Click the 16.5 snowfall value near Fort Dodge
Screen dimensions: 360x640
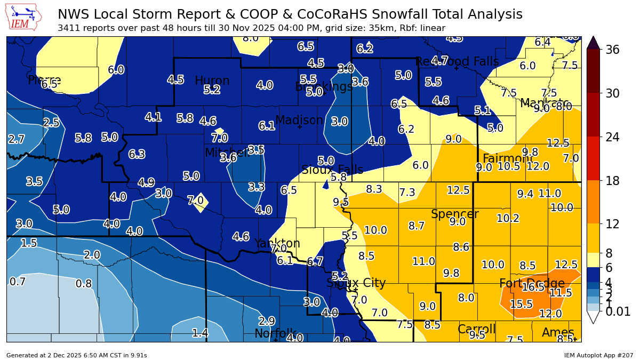533,287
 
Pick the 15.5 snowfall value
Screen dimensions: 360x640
521,304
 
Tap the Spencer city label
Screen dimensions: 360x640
454,214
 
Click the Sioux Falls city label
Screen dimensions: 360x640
332,170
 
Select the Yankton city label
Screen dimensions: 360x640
277,244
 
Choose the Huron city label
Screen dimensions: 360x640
212,81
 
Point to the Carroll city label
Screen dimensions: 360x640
476,329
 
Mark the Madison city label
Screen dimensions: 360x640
299,121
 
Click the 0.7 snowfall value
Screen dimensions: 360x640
17,282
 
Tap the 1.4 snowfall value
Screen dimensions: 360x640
200,333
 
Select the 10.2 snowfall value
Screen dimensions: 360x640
508,218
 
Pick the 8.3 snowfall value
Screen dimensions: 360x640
374,189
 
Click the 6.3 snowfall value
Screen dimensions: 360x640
137,155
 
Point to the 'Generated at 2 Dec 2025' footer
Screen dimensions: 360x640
76,355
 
